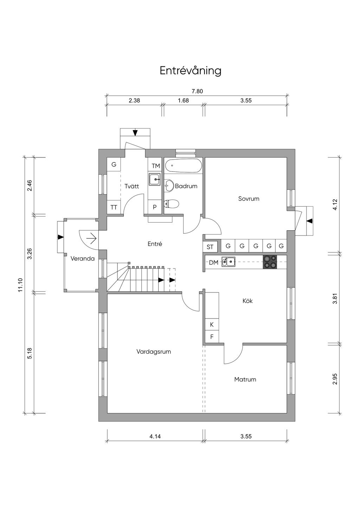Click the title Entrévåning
(190, 71)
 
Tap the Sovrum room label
(249, 199)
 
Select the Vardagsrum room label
(154, 352)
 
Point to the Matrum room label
(245, 379)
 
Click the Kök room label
(247, 301)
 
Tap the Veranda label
(83, 259)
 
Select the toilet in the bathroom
(172, 204)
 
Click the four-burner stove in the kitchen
(270, 262)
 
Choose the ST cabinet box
(210, 247)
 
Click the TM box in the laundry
(155, 166)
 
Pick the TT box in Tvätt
(114, 207)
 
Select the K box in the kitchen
(212, 324)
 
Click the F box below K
(212, 337)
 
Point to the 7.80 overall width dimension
(197, 91)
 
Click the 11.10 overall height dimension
(20, 285)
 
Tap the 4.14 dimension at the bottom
(155, 437)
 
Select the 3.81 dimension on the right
(335, 298)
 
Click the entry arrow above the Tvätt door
(135, 133)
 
